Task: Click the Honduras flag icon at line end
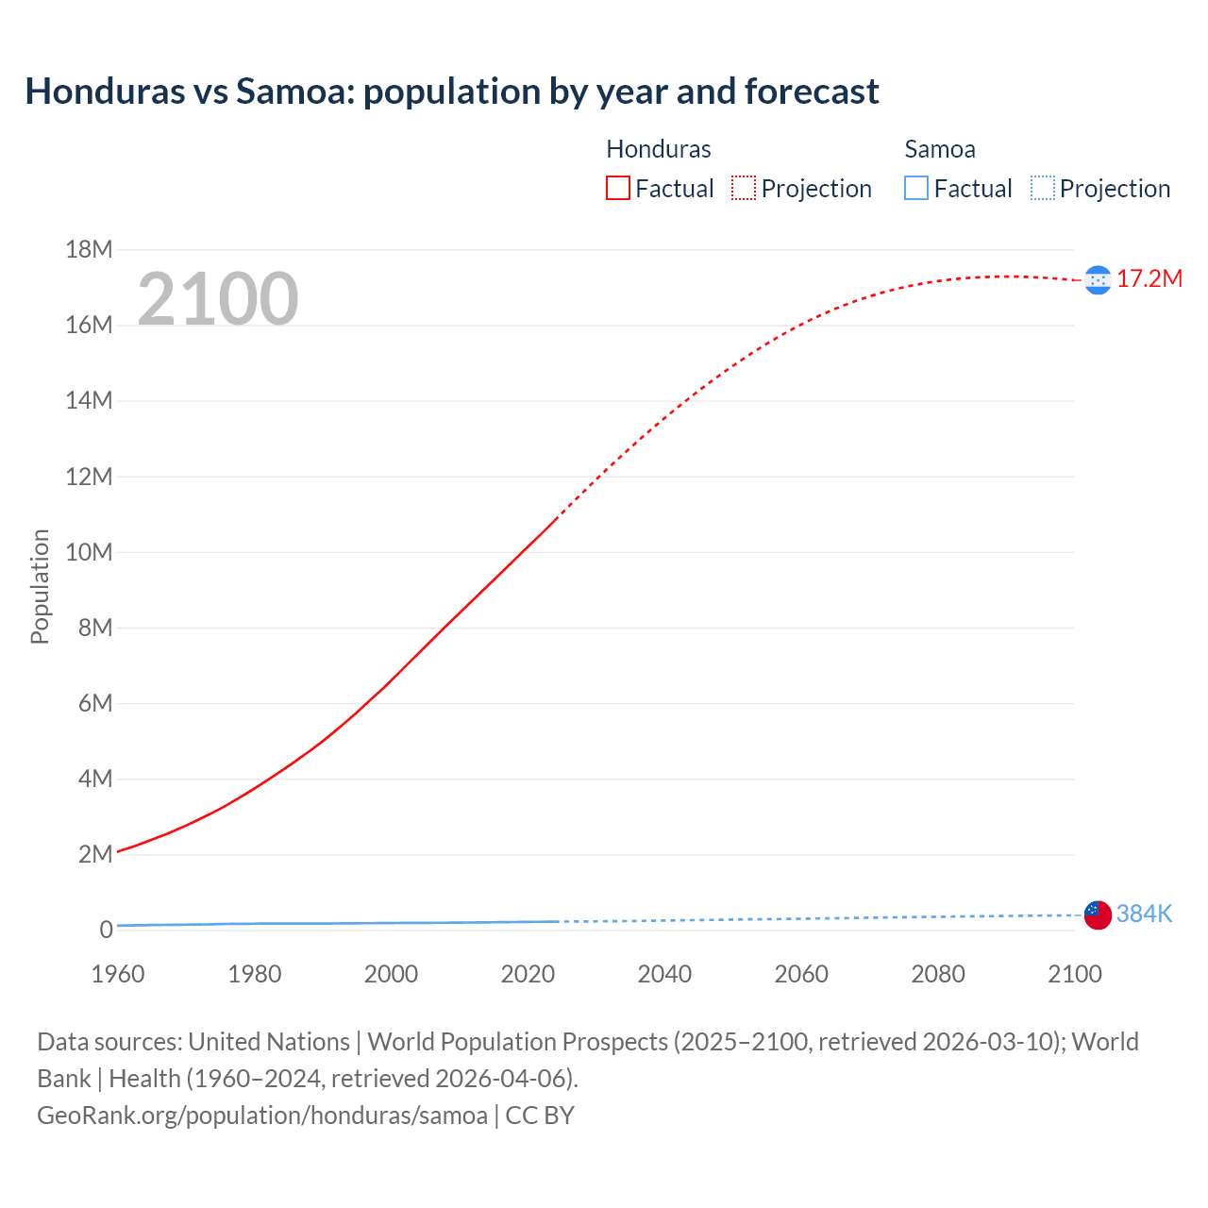[1098, 280]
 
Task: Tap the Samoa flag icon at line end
[1098, 914]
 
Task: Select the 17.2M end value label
[1149, 278]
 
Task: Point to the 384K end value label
[1144, 914]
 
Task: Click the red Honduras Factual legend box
[618, 189]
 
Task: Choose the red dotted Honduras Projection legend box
[744, 189]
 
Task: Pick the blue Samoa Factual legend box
[916, 189]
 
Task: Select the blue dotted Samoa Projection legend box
[1043, 189]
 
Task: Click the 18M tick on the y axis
[89, 249]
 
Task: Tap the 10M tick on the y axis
[89, 552]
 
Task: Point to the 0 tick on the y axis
[106, 930]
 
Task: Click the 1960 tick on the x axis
[118, 974]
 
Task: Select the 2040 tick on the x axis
[664, 974]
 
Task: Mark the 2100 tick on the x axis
[1074, 974]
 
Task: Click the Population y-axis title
[40, 587]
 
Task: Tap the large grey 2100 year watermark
[218, 299]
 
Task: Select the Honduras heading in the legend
[658, 149]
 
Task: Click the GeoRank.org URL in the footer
[262, 1116]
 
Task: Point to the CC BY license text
[540, 1116]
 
